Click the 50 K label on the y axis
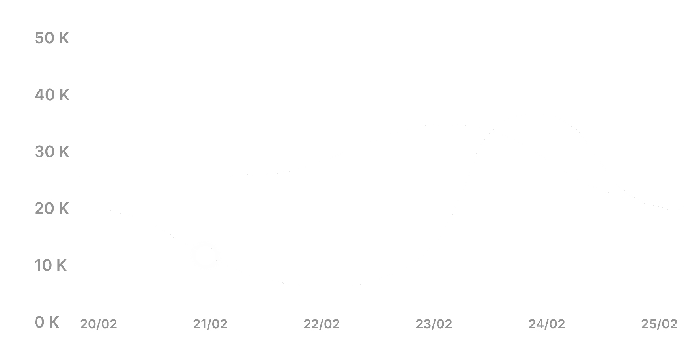click(x=52, y=38)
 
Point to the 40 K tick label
click(x=52, y=95)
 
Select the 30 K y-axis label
click(x=52, y=152)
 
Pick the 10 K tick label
click(x=50, y=265)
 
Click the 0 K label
click(x=47, y=322)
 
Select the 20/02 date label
click(x=99, y=324)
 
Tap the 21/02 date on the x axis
click(x=210, y=324)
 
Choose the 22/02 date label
click(x=322, y=324)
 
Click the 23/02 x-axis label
click(x=434, y=324)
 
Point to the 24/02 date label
click(x=546, y=324)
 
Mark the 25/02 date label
click(x=659, y=324)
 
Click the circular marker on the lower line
click(x=206, y=256)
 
